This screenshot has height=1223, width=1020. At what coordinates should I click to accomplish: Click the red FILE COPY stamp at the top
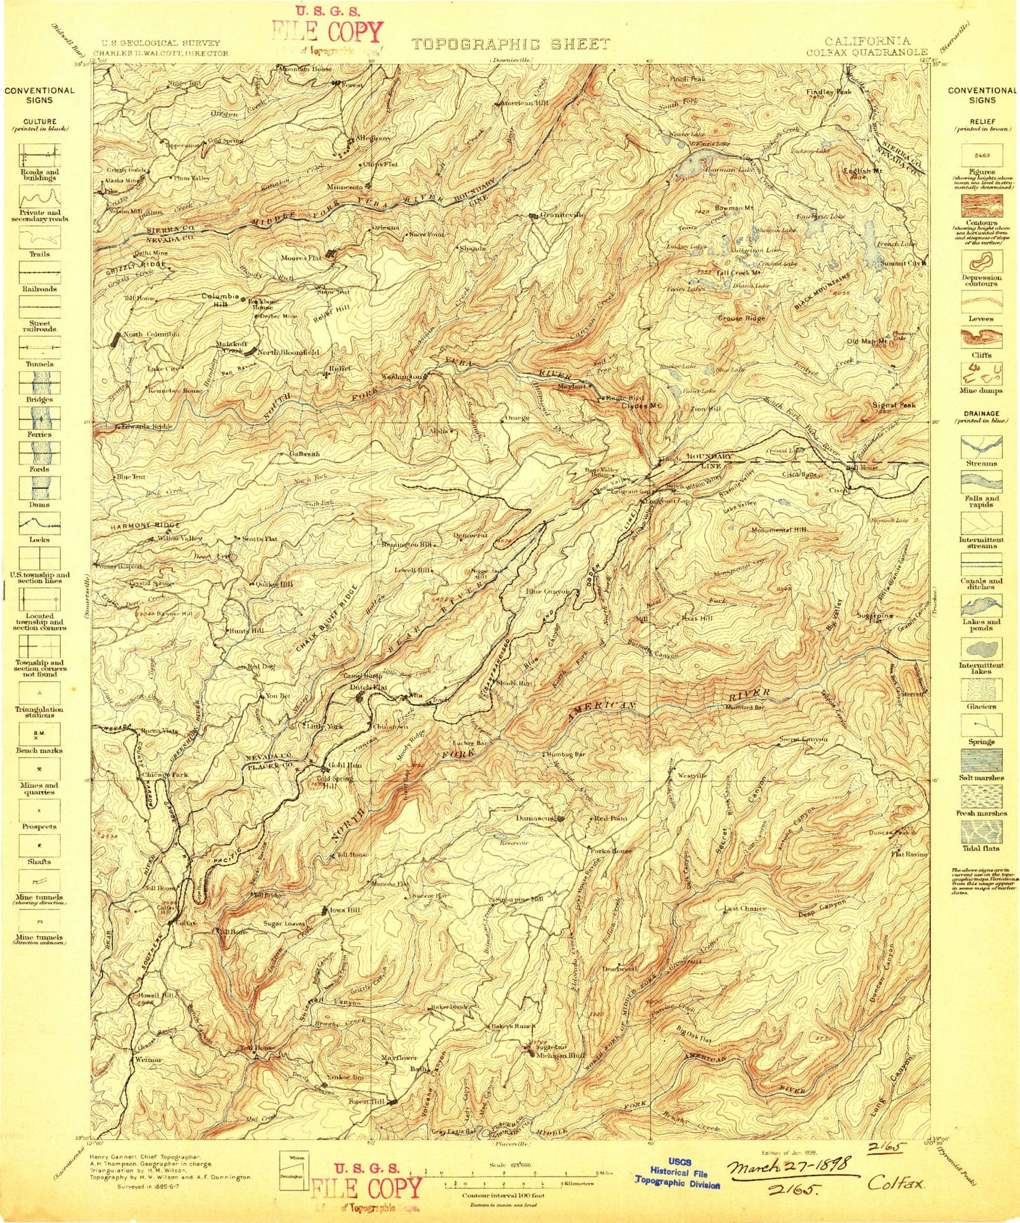click(x=327, y=32)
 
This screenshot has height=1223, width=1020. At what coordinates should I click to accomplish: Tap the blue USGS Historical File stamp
click(x=677, y=1174)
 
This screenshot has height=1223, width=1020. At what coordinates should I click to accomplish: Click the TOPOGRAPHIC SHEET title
click(x=511, y=45)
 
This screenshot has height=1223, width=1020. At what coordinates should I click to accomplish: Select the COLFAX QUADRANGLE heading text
click(x=867, y=52)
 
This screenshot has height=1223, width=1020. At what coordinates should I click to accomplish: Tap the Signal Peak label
click(x=894, y=405)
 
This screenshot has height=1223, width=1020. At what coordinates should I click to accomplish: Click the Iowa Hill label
click(x=345, y=910)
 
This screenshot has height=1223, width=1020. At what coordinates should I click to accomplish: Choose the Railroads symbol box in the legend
click(x=39, y=273)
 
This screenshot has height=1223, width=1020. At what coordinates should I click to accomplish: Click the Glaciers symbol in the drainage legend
click(x=981, y=689)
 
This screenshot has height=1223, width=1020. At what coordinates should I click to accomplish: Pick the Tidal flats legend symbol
click(x=981, y=831)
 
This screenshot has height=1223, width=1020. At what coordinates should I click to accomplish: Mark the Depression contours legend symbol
click(x=981, y=262)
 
